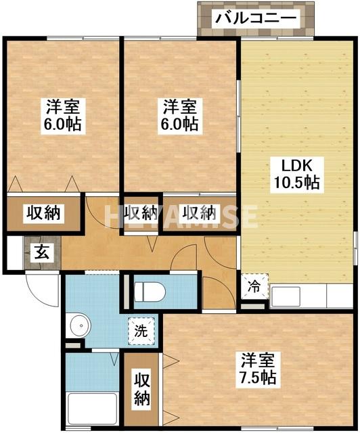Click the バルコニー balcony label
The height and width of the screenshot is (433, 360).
point(256,18)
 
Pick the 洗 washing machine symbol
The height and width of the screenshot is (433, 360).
point(140,332)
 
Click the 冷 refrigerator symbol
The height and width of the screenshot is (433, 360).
point(252,286)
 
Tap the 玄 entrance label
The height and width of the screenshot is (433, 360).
point(42,254)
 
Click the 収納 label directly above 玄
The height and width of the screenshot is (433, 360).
point(43,213)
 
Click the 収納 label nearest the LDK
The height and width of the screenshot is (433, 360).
point(199,212)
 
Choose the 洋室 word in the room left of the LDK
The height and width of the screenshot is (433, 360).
point(179,107)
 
